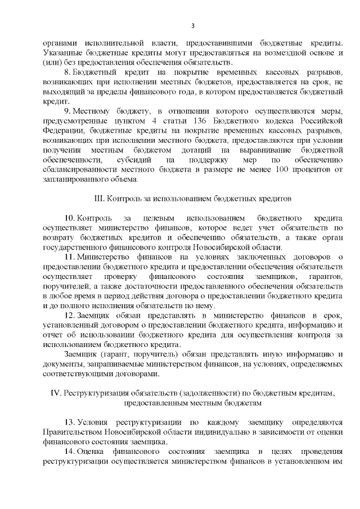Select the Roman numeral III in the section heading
click(96, 199)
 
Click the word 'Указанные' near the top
click(61, 52)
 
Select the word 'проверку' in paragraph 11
click(120, 277)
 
